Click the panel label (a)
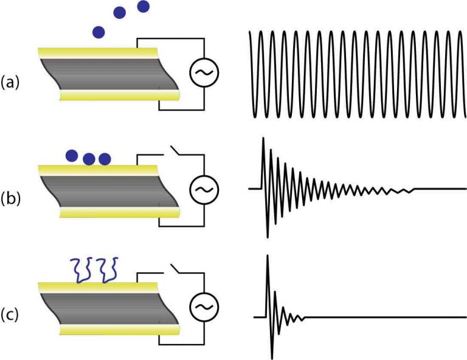(10, 80)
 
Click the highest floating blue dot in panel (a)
(144, 7)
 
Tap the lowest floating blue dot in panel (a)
(98, 31)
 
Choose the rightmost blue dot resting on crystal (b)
(105, 159)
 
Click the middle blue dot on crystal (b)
(89, 159)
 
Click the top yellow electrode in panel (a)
(97, 52)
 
